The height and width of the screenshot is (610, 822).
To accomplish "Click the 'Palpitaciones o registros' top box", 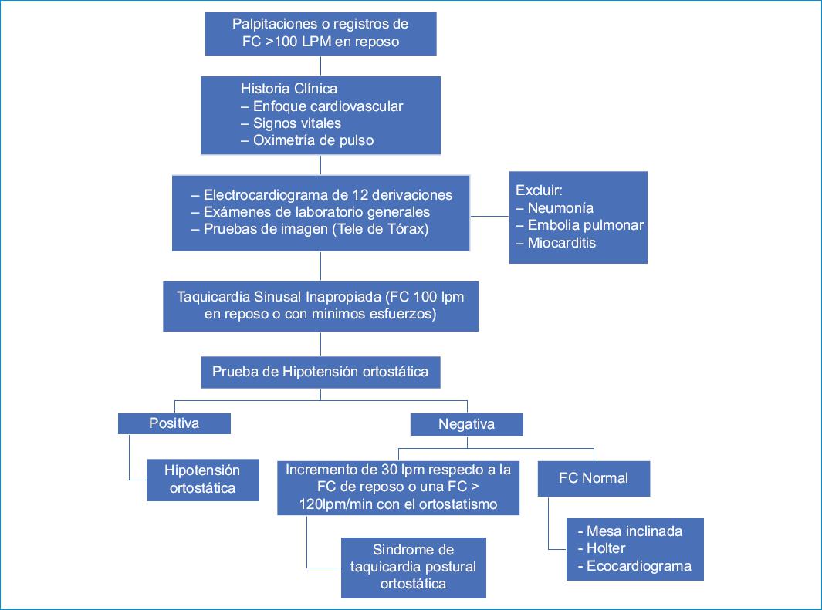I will pos(321,33).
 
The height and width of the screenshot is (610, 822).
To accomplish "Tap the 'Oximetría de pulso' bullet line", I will pos(308,140).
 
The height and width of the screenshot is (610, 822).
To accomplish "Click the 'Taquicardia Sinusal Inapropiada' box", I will pos(320,305).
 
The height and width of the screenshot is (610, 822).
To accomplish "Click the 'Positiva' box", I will pos(174,423).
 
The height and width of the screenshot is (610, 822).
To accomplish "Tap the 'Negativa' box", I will pos(466,424).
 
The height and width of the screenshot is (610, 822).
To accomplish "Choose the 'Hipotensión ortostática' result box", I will pos(202,479).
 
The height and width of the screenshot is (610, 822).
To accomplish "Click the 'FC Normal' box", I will pos(593,478).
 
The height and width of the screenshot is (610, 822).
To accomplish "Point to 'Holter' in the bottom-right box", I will pos(606,548).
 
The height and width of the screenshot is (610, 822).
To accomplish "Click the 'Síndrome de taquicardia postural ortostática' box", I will pos(413,567).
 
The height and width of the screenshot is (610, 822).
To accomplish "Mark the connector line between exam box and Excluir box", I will pos(489,216).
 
